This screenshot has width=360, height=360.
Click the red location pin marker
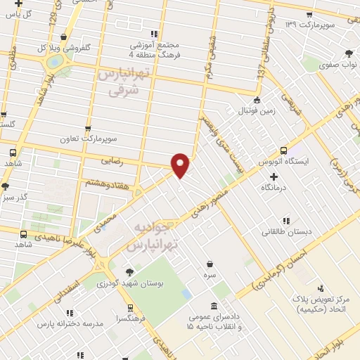[x=181, y=164]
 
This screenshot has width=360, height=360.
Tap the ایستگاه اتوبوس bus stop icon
[x=283, y=150]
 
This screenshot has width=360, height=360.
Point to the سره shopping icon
[x=210, y=265]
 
